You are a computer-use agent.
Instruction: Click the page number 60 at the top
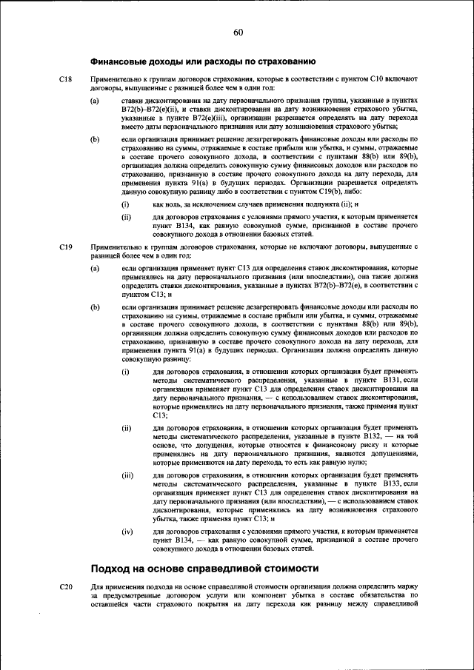coord(238,32)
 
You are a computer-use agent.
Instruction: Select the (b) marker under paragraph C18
coord(95,139)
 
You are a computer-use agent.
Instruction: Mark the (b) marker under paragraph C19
coord(95,306)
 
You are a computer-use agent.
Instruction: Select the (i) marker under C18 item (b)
coord(125,204)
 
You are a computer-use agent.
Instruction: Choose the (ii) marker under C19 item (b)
coord(127,428)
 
